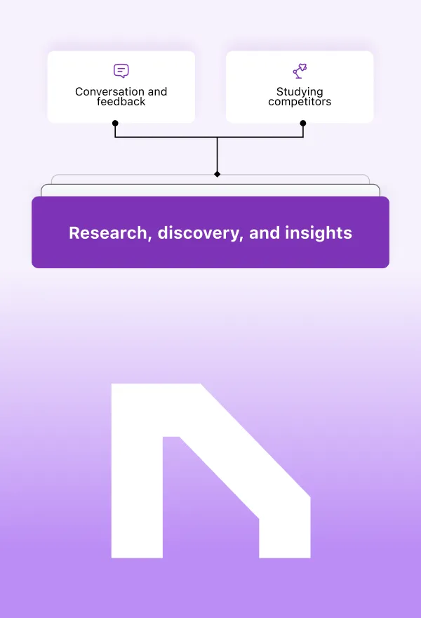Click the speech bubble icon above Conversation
click(121, 71)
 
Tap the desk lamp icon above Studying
click(300, 71)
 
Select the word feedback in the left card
click(121, 102)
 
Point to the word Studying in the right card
click(300, 92)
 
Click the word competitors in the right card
click(300, 102)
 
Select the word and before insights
click(265, 232)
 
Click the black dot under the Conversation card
click(115, 123)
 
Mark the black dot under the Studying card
click(303, 123)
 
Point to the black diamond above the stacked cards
click(217, 173)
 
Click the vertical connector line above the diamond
click(217, 154)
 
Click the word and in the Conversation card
click(158, 92)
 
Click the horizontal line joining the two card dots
click(168, 137)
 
